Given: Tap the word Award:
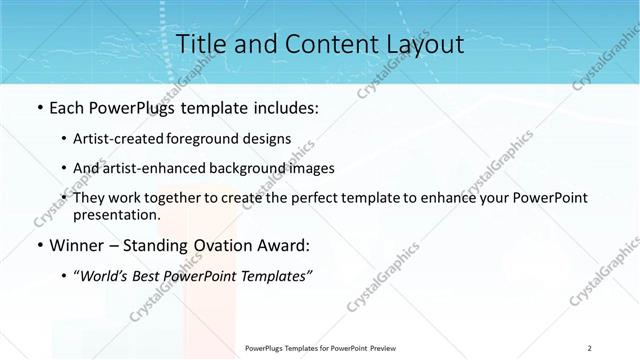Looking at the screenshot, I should click(x=288, y=246).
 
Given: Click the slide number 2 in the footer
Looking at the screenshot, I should click(x=590, y=348).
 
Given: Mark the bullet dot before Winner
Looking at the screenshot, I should click(x=39, y=246).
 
